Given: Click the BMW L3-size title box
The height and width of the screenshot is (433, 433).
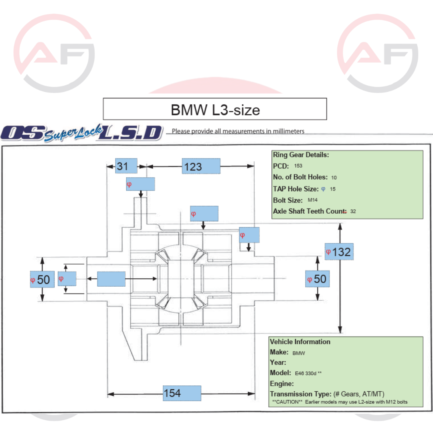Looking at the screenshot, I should coord(215,109).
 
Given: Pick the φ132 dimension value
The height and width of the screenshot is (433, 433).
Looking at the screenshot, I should coord(339,252).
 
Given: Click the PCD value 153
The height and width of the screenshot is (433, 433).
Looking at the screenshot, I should coord(298,166).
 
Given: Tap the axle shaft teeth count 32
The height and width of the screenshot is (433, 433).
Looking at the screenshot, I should coord(353,211).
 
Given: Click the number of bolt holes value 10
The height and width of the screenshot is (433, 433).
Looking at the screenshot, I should coord(334,177).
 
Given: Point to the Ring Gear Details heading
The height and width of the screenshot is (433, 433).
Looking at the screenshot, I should coord(301,155).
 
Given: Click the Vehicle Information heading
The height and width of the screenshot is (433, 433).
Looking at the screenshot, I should coord(300,342).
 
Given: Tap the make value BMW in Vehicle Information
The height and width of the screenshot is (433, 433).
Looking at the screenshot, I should coord(299,353).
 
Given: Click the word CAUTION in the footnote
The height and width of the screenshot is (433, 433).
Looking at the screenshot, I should coord(286,402).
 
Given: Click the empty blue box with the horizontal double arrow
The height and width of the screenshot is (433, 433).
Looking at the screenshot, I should coord(111,279).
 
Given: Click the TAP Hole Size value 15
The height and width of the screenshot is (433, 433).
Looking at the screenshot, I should coord(333,189).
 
